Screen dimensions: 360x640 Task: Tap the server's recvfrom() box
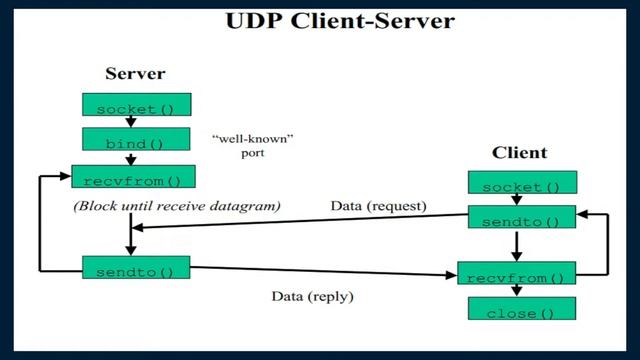coord(133,179)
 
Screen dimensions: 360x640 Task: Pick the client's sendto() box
coord(521,219)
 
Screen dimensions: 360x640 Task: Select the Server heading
coord(135,74)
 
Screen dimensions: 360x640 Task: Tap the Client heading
coord(520,153)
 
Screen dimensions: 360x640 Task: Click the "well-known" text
coord(243,136)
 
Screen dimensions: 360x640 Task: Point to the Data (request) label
coord(378,206)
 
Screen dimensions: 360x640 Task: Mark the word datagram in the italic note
coord(249,206)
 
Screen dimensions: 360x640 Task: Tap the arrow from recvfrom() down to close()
coord(516,291)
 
